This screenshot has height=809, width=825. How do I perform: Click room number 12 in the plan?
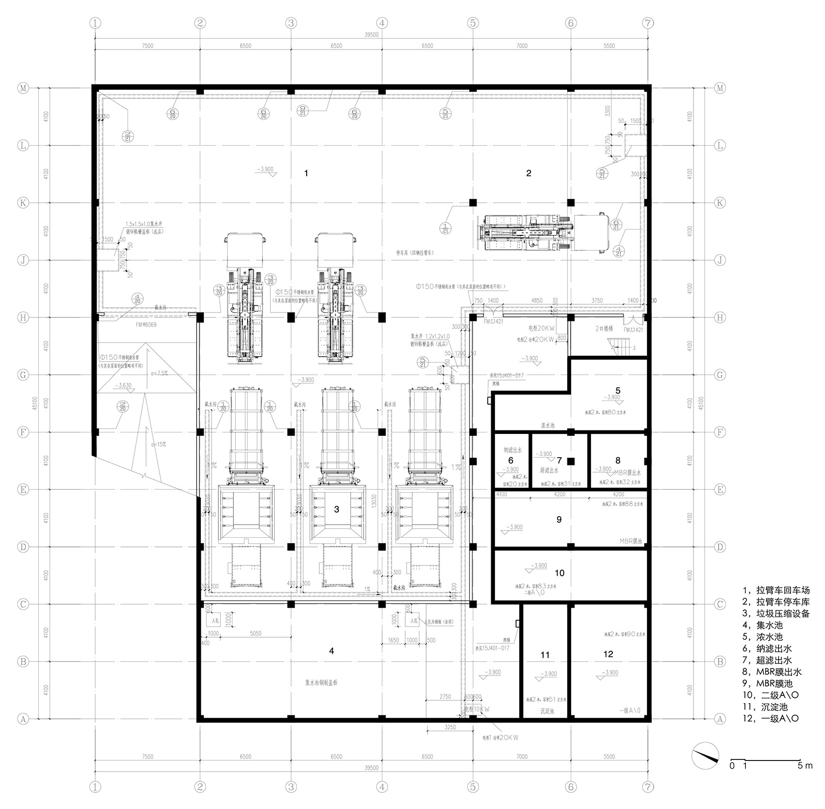click(608, 654)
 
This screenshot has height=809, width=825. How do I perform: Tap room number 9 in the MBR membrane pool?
click(559, 520)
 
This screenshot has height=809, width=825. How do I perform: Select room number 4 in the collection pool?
click(331, 651)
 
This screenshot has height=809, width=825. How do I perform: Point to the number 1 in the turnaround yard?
click(306, 173)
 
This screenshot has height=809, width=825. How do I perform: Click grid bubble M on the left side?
click(23, 88)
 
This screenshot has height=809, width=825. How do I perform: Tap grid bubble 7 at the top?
click(648, 23)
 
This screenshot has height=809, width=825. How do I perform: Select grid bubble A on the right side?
click(720, 719)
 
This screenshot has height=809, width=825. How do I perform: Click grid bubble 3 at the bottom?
click(290, 786)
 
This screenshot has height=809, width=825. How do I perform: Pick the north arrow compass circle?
click(706, 756)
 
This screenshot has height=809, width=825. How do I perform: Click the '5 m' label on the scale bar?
click(805, 766)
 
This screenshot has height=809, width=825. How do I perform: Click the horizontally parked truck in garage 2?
click(544, 233)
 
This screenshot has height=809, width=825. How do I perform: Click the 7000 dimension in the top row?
click(522, 46)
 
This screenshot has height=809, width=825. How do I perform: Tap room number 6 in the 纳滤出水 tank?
click(511, 461)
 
